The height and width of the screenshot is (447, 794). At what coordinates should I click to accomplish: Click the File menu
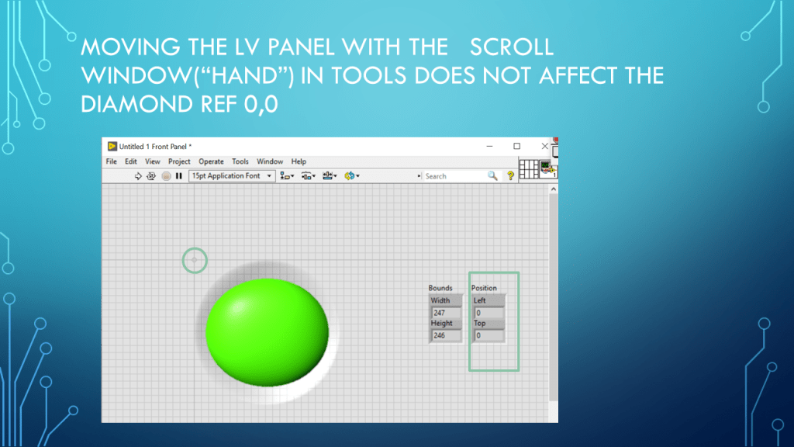(x=112, y=161)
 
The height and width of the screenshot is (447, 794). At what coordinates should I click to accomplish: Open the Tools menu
(x=240, y=161)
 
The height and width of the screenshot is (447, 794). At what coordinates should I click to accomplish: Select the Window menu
(x=269, y=161)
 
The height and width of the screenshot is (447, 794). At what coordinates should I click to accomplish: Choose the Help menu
(x=299, y=161)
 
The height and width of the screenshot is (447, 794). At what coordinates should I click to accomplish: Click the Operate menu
(x=211, y=161)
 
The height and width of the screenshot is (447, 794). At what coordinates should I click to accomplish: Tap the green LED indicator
(x=267, y=332)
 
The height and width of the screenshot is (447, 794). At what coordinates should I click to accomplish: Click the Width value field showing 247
(x=446, y=313)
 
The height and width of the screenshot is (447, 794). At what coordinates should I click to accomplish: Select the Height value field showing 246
(x=446, y=335)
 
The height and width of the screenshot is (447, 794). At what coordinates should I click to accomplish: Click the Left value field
(x=488, y=313)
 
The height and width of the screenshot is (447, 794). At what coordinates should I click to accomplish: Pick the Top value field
(x=488, y=335)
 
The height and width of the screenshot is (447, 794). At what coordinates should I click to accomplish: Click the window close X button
(x=544, y=147)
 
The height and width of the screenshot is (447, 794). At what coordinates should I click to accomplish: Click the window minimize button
(x=489, y=147)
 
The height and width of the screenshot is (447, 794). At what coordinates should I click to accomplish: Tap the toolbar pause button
(x=179, y=176)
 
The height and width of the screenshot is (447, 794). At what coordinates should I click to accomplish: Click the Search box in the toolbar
(x=454, y=176)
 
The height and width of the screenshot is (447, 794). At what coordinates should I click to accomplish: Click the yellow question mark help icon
(x=510, y=176)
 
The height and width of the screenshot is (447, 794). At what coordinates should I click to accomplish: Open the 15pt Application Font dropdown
(x=231, y=176)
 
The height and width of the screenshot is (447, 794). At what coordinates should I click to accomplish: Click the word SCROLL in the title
(x=512, y=47)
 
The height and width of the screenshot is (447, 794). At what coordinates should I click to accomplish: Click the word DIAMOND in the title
(x=136, y=105)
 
